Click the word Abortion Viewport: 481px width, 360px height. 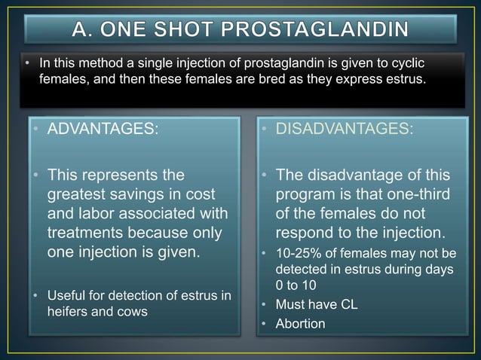(300, 325)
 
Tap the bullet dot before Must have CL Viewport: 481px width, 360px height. (265, 307)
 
